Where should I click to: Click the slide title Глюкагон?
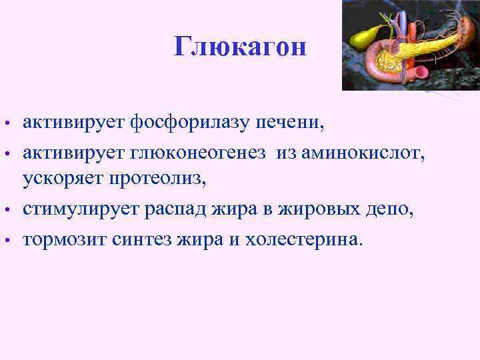click(x=240, y=47)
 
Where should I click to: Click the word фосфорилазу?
click(x=191, y=123)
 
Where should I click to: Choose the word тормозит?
click(x=61, y=239)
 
